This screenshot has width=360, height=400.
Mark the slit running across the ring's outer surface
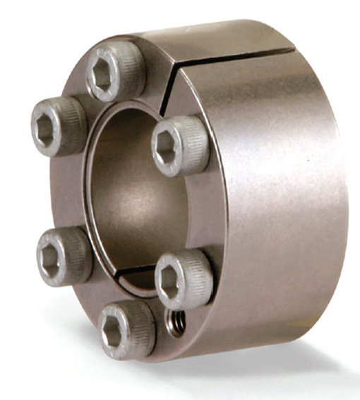tap(233, 55)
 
